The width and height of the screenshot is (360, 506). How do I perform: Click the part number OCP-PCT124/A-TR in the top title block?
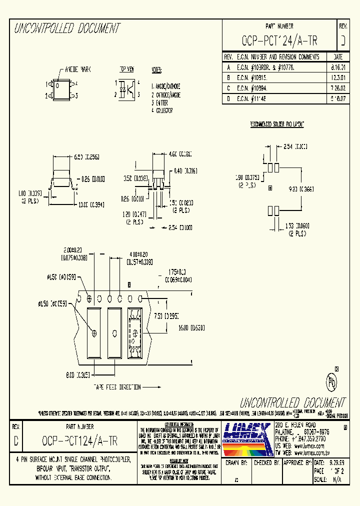coord(279,40)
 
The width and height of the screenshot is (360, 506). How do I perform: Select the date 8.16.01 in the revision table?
coord(337,66)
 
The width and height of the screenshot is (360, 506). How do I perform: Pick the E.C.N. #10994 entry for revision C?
coord(256,87)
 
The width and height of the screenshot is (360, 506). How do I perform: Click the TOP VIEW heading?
coord(126,69)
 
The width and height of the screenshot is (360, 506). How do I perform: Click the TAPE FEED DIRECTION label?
coord(116,387)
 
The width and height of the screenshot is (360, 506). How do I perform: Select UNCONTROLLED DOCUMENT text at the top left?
coord(67,28)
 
